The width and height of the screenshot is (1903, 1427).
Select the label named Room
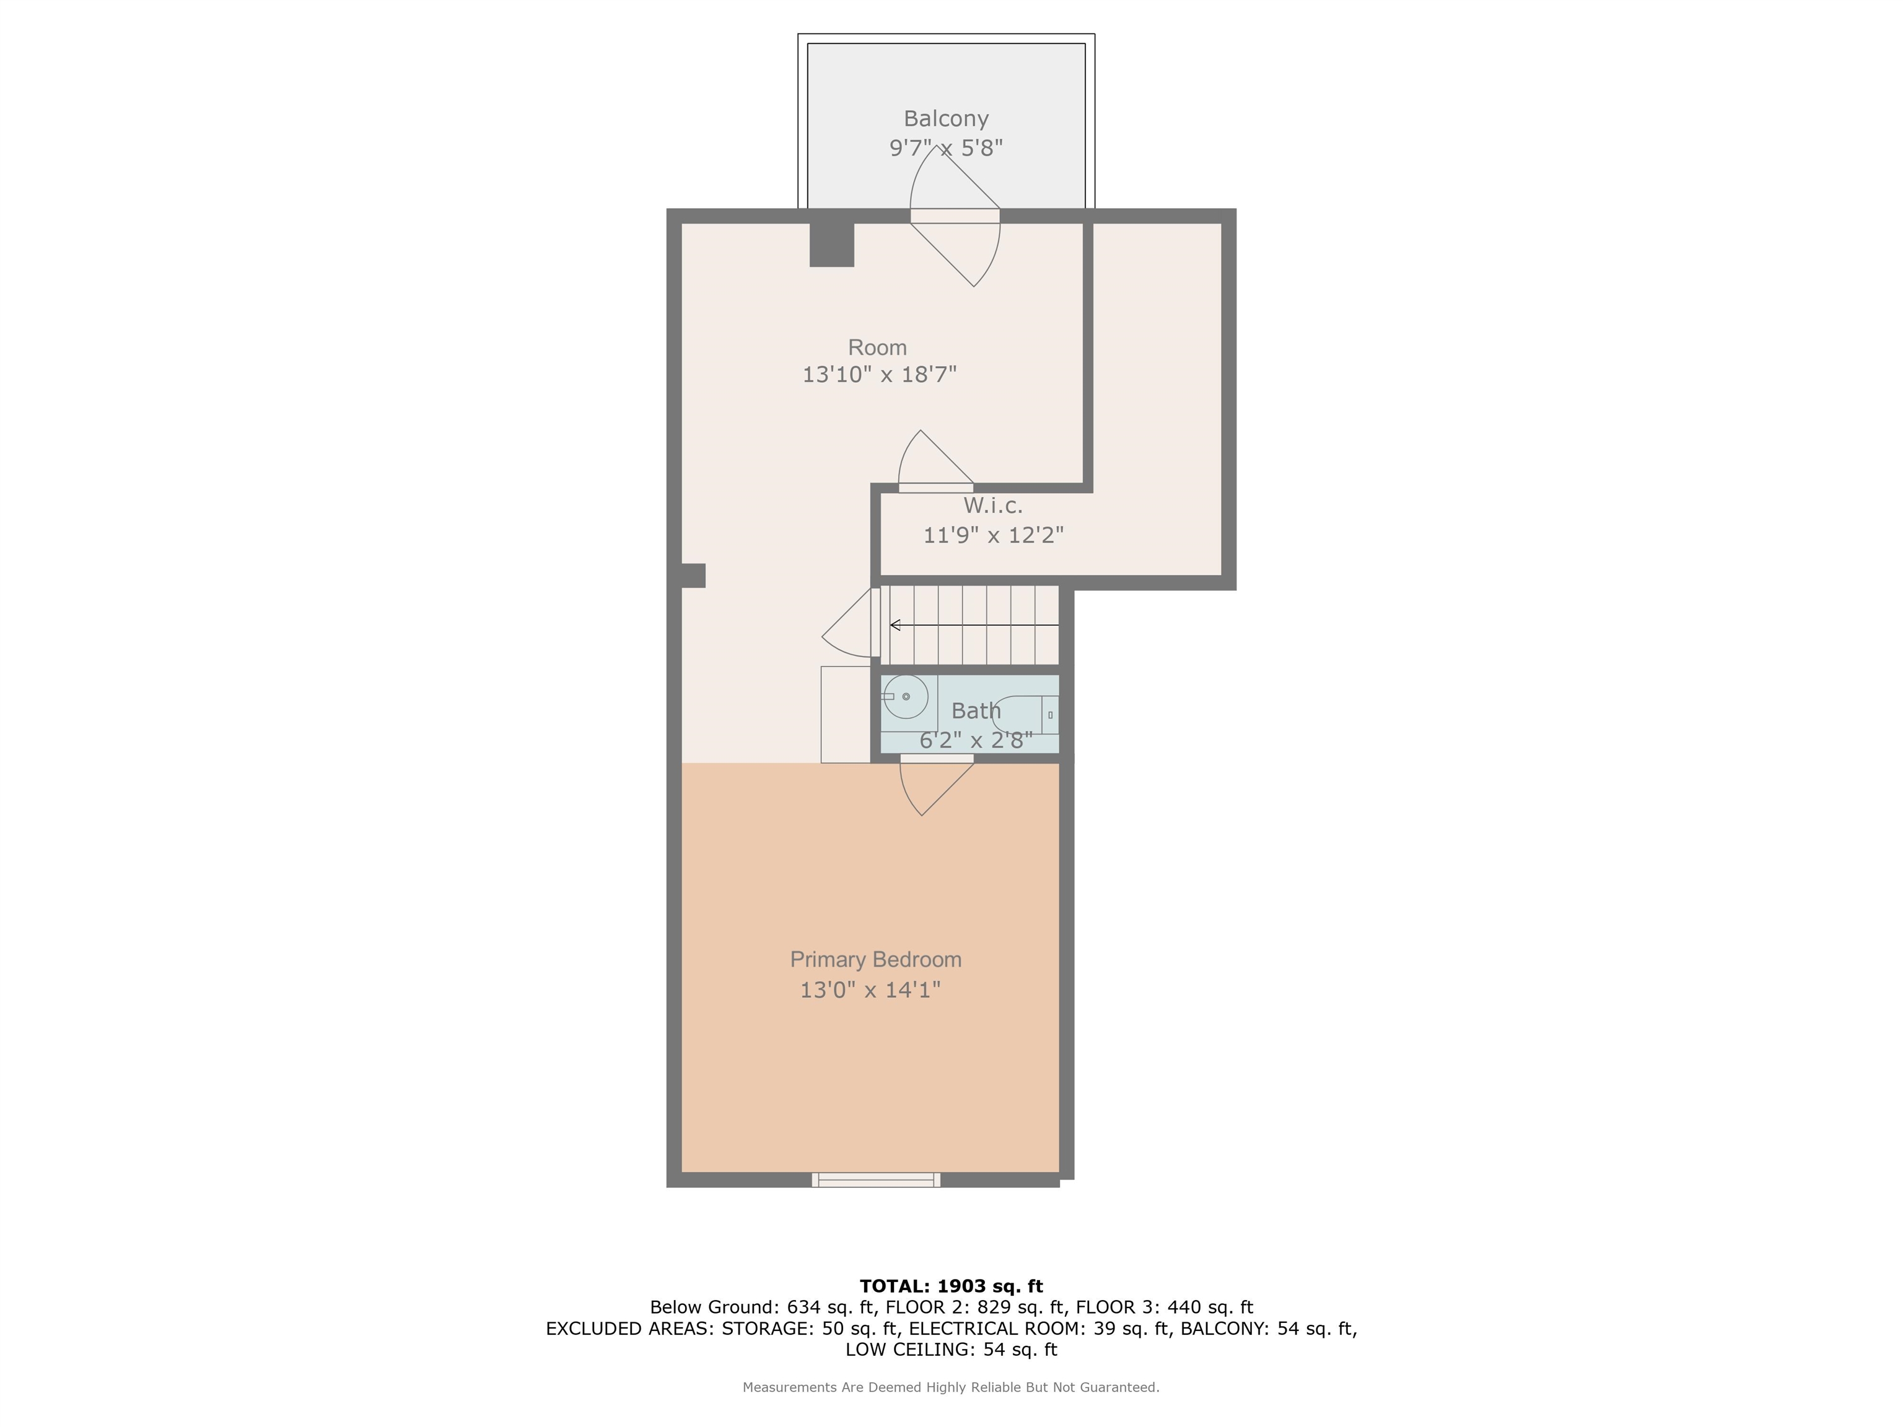(878, 347)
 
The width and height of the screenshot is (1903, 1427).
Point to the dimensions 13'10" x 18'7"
(879, 375)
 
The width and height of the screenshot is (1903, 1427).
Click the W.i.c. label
(993, 506)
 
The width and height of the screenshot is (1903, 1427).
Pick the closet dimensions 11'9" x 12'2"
(994, 535)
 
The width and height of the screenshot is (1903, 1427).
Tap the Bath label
(976, 712)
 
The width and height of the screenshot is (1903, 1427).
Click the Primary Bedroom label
(876, 960)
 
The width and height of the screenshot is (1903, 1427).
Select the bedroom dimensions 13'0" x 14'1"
(870, 990)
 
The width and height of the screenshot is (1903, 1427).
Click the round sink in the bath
(905, 697)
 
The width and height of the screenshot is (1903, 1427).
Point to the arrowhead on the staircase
(895, 626)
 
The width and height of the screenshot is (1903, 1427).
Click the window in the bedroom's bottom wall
(876, 1180)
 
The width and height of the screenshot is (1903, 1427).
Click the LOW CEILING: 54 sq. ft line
(951, 1350)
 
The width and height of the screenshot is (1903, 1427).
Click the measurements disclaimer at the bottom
(951, 1387)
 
